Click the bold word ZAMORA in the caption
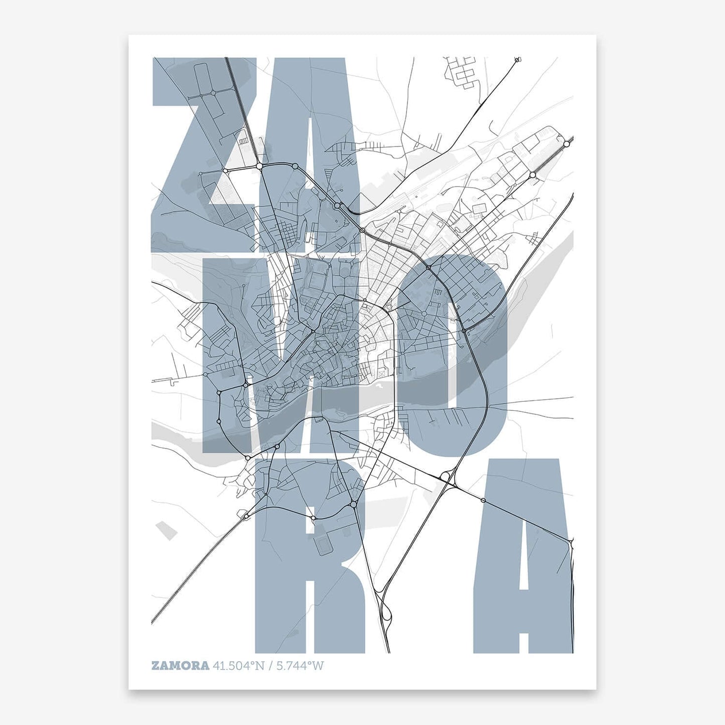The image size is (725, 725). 180,666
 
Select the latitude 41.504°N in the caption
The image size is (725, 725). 238,666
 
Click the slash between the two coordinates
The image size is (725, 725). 270,666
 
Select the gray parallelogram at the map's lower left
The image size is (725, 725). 166,530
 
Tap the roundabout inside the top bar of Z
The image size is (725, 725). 213,93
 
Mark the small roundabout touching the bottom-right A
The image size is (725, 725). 483,500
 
